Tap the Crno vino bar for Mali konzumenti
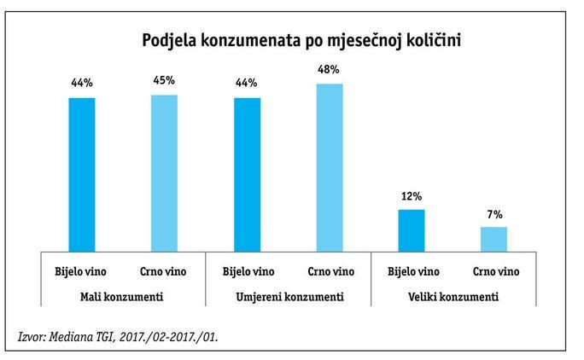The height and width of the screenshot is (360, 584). pyautogui.click(x=164, y=171)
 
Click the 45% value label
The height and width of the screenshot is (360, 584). pyautogui.click(x=164, y=80)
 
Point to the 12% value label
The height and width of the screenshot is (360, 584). pyautogui.click(x=412, y=195)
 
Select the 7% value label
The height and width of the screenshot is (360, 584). pyautogui.click(x=493, y=213)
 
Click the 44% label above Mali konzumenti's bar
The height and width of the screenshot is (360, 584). pyautogui.click(x=82, y=84)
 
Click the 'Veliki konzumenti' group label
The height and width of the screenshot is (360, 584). pyautogui.click(x=453, y=298)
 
